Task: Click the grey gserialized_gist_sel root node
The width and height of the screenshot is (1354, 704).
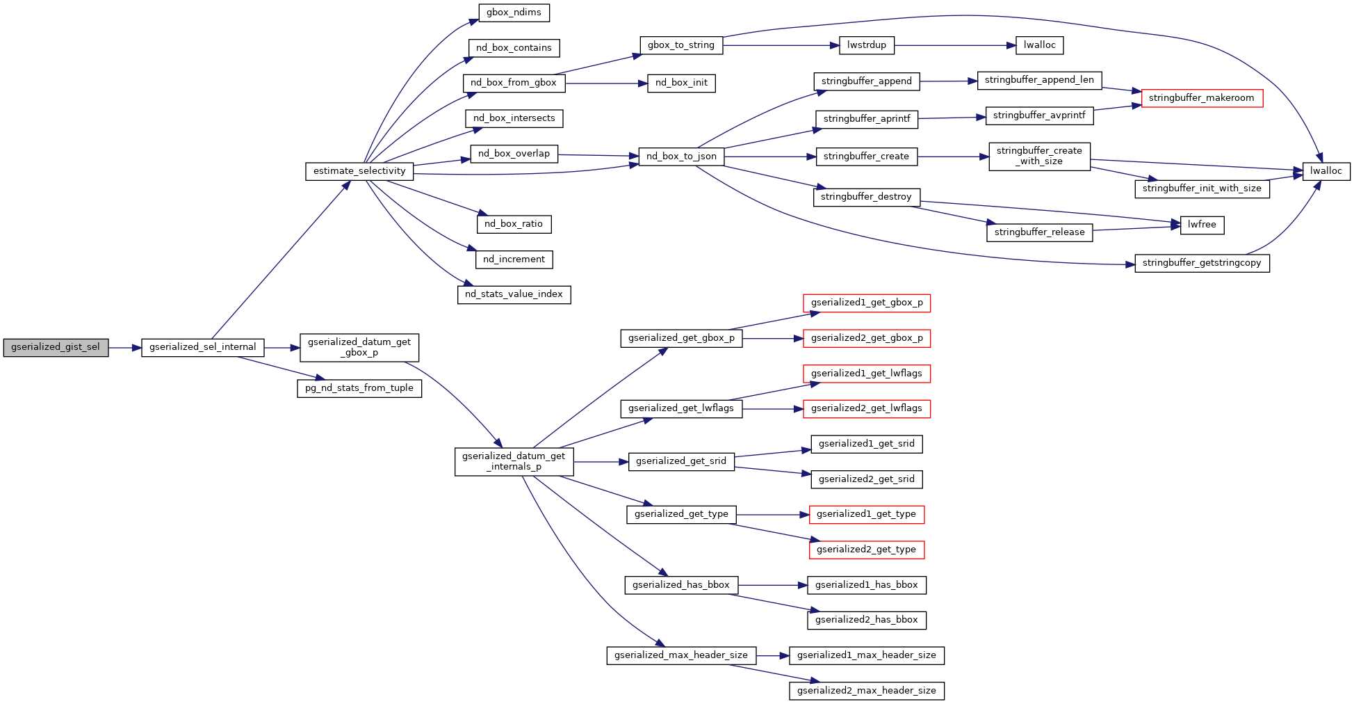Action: coord(56,348)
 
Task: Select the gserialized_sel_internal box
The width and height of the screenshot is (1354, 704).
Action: coord(202,348)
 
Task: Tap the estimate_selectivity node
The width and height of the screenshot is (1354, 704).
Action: coord(359,171)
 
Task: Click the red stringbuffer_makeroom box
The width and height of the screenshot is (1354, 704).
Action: coord(1201,98)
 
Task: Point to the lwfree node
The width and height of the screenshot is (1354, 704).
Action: coord(1202,225)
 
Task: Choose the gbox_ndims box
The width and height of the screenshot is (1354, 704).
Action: coord(514,13)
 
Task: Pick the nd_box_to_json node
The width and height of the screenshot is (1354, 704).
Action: coord(681,157)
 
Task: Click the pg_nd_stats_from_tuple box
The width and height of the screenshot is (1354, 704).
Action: coord(359,388)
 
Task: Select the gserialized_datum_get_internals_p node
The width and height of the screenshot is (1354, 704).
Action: coord(514,461)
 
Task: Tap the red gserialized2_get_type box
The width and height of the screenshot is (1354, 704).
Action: coord(866,550)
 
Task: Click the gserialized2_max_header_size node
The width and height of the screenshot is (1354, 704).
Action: coord(866,691)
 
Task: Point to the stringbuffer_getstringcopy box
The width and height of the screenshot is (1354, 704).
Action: coord(1202,263)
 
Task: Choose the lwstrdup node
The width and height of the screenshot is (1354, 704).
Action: coord(867,45)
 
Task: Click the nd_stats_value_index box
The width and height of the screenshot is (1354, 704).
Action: coord(514,294)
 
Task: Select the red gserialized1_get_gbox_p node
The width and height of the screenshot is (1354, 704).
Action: coord(866,303)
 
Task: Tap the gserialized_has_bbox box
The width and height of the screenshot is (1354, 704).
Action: coord(681,585)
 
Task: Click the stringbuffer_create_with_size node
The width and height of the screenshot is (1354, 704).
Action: coord(1039,156)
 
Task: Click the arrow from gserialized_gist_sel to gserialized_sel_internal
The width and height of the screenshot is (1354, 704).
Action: coord(125,348)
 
